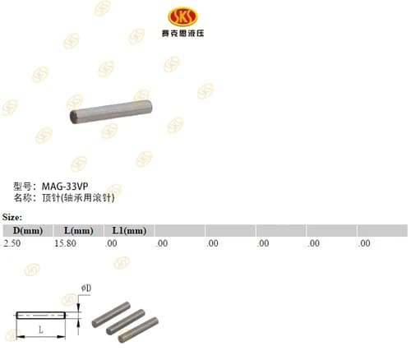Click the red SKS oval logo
coord(182,16)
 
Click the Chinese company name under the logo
coord(182,34)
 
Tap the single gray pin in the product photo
coord(111,112)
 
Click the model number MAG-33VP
coord(65,187)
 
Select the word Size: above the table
coord(12,217)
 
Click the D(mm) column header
coord(28,231)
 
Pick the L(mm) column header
coord(79,231)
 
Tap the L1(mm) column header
coord(129,231)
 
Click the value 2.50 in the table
coord(12,243)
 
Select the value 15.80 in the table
coord(65,243)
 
